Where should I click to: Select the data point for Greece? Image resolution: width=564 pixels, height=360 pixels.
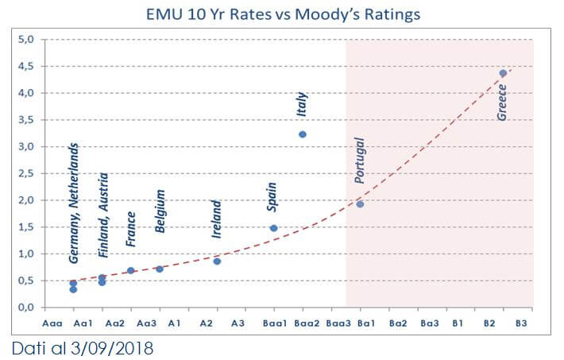click(503, 73)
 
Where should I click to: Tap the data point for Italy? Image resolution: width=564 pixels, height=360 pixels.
click(303, 134)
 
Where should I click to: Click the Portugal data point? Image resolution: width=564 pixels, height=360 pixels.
click(360, 204)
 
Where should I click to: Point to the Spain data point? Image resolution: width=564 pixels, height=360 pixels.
click(274, 228)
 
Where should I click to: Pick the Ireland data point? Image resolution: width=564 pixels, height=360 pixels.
click(217, 261)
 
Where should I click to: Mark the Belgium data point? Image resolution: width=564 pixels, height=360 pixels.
click(160, 269)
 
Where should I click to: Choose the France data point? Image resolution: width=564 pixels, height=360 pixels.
click(131, 271)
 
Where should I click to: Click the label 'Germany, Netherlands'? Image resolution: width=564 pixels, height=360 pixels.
click(73, 203)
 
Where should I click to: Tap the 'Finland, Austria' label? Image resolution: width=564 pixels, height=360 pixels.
click(102, 215)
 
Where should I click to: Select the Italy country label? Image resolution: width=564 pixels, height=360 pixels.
click(302, 103)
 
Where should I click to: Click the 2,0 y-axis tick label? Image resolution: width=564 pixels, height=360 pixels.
click(25, 200)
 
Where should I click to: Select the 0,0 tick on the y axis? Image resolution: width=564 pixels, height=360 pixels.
click(25, 308)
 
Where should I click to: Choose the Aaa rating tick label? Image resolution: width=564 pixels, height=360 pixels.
click(49, 323)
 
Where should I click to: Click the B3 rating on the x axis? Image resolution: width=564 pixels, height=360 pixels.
click(521, 323)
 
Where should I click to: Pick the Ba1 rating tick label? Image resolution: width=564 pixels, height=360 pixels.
click(366, 323)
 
